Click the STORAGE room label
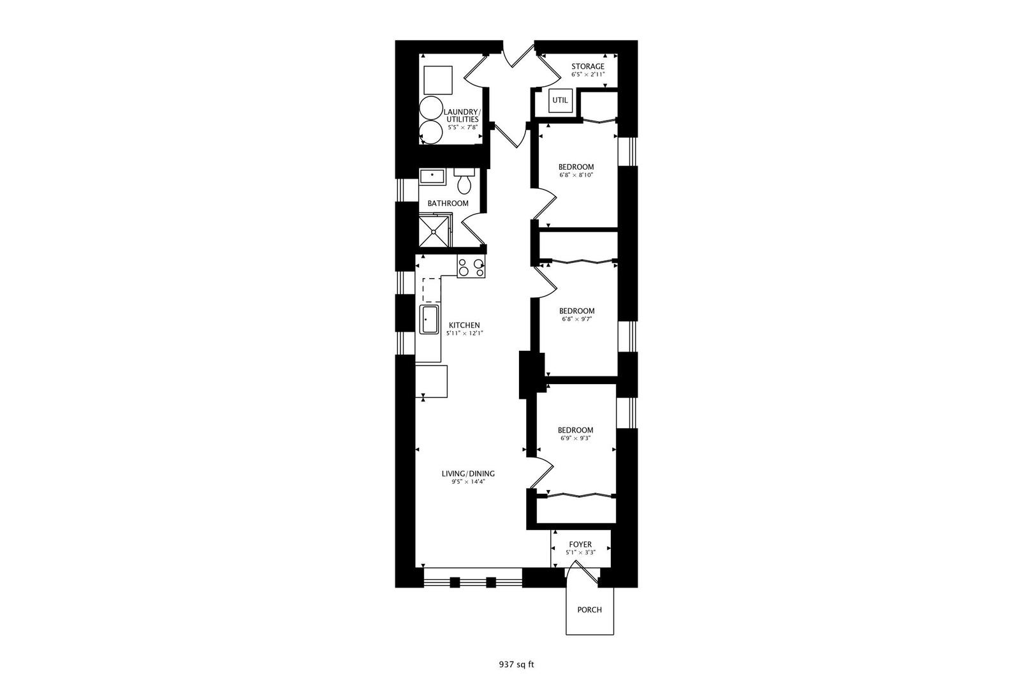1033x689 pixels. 587,66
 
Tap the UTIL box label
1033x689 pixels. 560,100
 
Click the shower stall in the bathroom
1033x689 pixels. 435,230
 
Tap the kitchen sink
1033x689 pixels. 428,319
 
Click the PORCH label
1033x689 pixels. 589,610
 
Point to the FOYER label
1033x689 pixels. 580,544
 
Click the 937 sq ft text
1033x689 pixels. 516,665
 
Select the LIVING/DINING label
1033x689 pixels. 468,473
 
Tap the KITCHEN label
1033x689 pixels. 464,325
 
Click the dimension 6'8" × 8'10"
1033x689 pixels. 576,175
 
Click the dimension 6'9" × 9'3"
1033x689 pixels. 575,438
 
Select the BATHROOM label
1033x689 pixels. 448,204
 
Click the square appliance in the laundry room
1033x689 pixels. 438,80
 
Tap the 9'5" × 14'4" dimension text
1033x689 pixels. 468,482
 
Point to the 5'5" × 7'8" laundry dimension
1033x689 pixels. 462,127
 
